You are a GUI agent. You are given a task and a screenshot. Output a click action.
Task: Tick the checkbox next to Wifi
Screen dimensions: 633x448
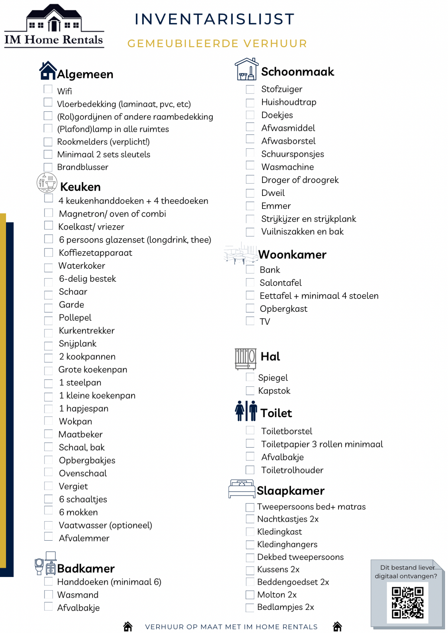[x=48, y=89]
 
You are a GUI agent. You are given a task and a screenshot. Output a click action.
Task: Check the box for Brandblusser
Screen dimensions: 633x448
[x=48, y=167]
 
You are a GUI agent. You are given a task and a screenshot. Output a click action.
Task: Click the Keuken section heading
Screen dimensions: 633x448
[x=80, y=187]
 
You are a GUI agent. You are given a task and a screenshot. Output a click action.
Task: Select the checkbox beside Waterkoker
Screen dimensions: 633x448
[x=48, y=268]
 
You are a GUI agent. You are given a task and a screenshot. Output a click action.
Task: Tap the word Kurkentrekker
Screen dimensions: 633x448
[x=86, y=331]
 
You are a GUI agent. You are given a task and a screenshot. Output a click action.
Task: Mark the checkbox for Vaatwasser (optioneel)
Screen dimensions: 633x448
[x=48, y=525]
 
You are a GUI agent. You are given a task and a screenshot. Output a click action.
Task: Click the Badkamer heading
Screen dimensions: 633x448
[x=86, y=569]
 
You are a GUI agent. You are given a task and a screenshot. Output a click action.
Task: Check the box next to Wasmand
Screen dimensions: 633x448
[x=48, y=595]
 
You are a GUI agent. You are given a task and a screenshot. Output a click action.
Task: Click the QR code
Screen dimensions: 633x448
[x=407, y=603]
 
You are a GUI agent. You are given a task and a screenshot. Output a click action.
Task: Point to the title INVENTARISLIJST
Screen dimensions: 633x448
[x=215, y=19]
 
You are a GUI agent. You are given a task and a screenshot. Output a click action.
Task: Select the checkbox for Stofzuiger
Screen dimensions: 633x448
[x=250, y=90]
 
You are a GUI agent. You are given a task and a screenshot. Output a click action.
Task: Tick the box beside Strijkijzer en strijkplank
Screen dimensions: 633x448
[x=250, y=219]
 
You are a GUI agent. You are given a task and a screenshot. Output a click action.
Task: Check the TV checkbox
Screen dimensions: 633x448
[x=250, y=321]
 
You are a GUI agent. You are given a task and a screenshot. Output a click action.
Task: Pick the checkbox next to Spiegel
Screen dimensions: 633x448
[x=250, y=377]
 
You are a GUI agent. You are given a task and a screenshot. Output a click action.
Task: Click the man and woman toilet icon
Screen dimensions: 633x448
[x=246, y=411]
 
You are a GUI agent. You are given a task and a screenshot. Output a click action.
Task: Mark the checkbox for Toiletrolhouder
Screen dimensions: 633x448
[x=250, y=470]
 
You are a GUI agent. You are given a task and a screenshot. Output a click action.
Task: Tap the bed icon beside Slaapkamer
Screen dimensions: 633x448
[x=241, y=489]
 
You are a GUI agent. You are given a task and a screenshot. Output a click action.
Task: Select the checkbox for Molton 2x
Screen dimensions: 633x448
[x=250, y=595]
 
